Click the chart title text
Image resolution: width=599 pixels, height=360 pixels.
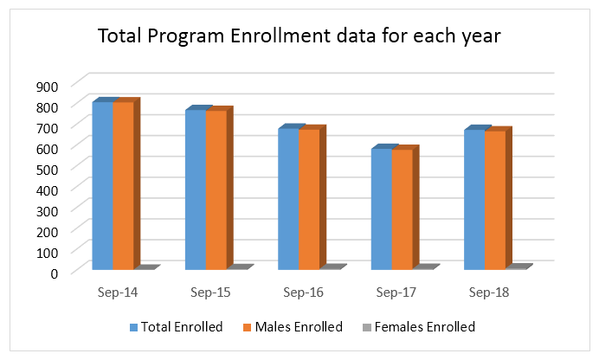[299, 36]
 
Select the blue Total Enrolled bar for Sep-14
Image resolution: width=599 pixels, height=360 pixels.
[103, 185]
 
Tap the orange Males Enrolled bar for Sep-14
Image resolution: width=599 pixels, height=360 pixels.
[124, 185]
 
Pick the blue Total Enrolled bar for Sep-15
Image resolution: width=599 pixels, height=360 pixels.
[196, 190]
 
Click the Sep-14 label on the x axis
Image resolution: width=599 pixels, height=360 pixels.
[117, 292]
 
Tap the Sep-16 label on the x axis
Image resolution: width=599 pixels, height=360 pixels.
[304, 292]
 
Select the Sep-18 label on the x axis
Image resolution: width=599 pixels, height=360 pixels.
[489, 292]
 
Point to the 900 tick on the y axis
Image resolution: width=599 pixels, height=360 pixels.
[47, 85]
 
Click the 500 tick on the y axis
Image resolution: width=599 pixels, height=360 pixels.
[47, 168]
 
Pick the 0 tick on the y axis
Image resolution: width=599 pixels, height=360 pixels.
[54, 272]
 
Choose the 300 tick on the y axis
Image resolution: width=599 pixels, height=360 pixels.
[47, 209]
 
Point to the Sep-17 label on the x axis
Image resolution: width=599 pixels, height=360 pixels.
[396, 292]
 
